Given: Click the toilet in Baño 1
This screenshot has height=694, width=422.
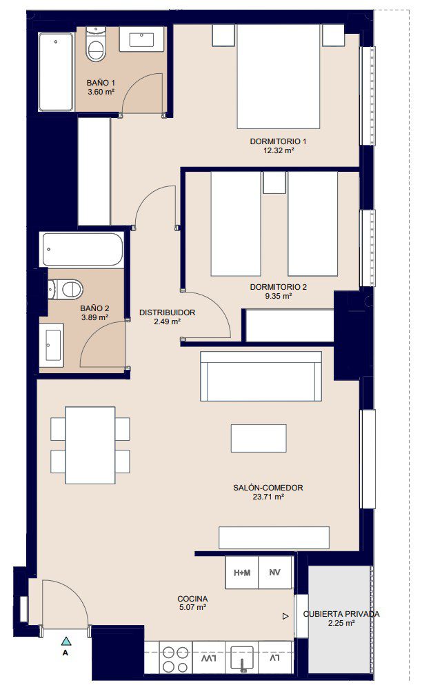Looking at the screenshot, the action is click(x=96, y=45).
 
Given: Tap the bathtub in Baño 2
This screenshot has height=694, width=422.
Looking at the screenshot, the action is click(x=82, y=249).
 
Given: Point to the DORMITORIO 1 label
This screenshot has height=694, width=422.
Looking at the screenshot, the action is click(x=279, y=141).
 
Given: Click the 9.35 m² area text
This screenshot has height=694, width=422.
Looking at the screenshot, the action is click(x=279, y=296).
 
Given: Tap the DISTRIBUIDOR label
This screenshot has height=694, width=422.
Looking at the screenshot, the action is click(x=167, y=313).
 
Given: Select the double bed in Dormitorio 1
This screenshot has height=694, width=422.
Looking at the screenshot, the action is click(x=279, y=76).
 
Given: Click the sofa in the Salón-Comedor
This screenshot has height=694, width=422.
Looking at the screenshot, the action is click(x=261, y=376).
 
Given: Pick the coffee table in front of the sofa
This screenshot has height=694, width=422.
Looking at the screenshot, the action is click(x=259, y=438).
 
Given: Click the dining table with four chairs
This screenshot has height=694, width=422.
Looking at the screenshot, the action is click(x=90, y=445).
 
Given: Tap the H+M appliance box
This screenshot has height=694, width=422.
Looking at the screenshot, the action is click(x=242, y=573).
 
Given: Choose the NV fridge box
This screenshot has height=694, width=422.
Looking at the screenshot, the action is click(x=274, y=573).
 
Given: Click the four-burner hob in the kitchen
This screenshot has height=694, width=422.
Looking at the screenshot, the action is click(x=176, y=660).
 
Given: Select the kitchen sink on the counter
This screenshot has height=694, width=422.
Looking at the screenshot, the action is click(x=242, y=659).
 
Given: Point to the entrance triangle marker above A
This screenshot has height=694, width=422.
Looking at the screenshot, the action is click(x=66, y=641).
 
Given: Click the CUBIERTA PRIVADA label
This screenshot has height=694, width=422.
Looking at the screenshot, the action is click(x=341, y=614).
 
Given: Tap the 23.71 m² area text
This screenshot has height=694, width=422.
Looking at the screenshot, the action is click(x=268, y=497).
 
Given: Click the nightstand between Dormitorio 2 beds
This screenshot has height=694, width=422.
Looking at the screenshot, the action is click(x=274, y=183).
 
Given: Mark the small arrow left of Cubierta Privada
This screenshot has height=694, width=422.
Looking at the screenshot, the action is click(x=285, y=616).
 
